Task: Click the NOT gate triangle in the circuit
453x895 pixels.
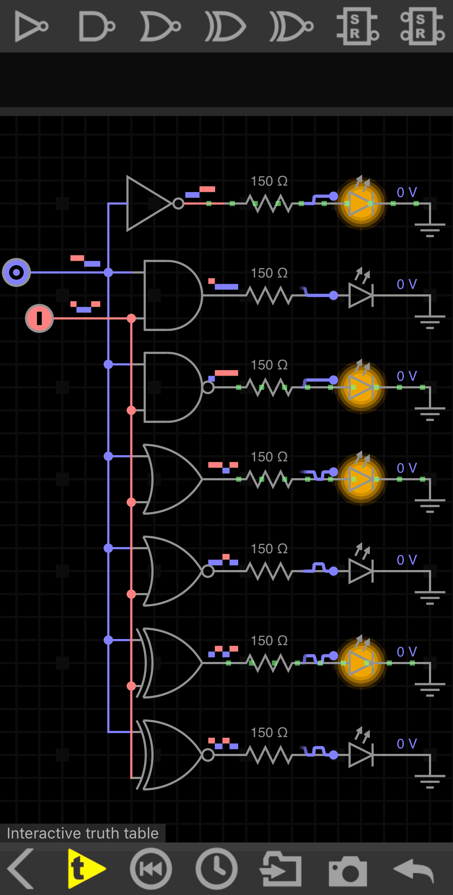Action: click(146, 204)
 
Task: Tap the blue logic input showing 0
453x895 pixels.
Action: click(16, 272)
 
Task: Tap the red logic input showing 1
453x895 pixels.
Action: click(39, 318)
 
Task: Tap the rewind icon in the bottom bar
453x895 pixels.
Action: click(151, 869)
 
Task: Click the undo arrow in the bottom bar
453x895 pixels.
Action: click(414, 869)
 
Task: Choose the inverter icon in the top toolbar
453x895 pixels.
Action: click(31, 26)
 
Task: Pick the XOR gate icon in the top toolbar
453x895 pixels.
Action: click(225, 26)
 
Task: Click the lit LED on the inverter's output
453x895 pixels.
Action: click(361, 204)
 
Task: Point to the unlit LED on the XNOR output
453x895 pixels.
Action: click(361, 755)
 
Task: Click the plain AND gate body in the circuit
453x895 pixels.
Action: click(171, 295)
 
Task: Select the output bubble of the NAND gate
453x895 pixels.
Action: click(208, 387)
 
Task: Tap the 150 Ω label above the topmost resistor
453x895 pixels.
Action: click(269, 181)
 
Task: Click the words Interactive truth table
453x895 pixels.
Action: click(83, 833)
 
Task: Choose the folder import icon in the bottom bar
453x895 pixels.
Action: click(281, 869)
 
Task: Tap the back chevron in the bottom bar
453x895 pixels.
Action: click(21, 869)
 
